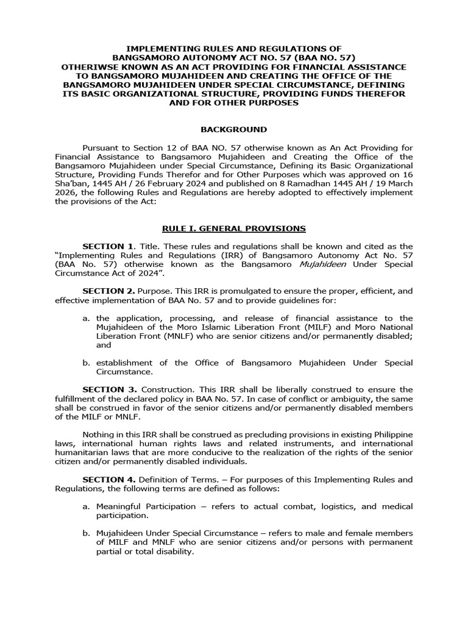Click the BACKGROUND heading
click(x=234, y=129)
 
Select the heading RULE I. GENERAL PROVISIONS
click(x=233, y=229)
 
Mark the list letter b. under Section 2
click(x=86, y=363)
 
